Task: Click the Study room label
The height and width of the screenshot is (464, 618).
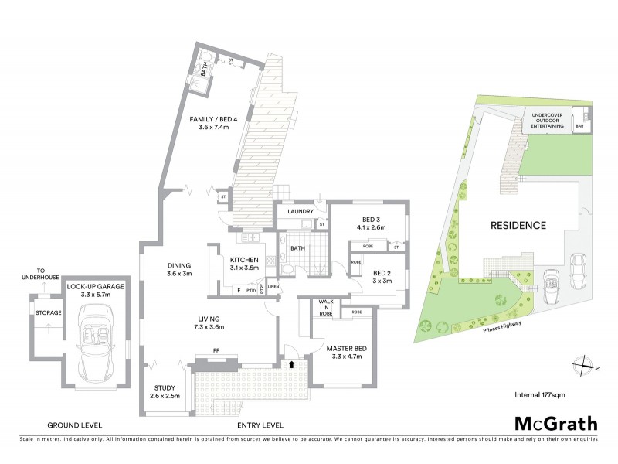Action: click(164, 392)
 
